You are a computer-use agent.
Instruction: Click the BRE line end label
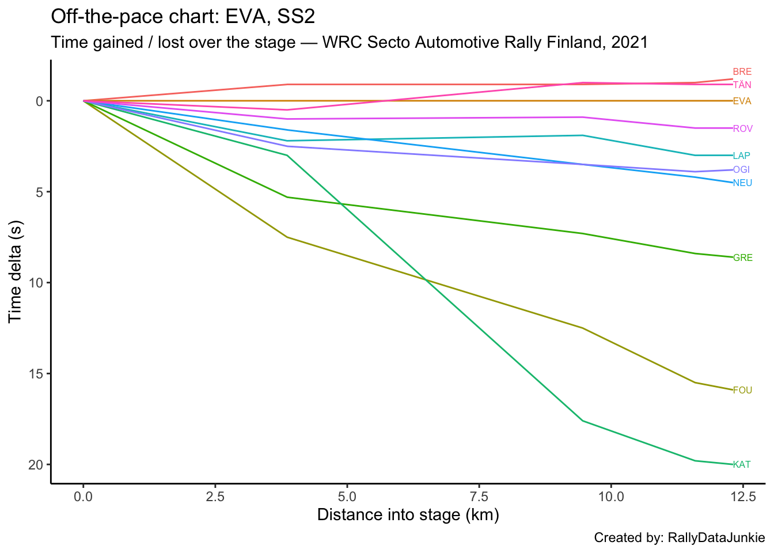point(742,72)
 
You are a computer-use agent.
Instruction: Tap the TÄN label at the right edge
point(742,85)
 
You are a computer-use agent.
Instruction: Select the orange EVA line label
point(742,101)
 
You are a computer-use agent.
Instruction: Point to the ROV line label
point(742,128)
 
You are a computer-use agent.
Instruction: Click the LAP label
point(742,156)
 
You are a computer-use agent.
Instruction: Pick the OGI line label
point(742,170)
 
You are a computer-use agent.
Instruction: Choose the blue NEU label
point(742,183)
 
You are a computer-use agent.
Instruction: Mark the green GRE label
point(742,258)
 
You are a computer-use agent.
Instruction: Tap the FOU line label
point(742,391)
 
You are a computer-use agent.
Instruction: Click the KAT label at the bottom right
point(742,465)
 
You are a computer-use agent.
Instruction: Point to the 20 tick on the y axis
point(36,465)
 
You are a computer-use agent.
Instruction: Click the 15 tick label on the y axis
point(36,374)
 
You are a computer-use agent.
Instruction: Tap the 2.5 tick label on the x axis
point(215,496)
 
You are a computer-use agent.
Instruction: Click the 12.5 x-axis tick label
point(742,496)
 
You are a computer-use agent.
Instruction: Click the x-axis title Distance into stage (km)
point(408,514)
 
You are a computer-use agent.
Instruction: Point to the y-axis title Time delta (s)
point(16,271)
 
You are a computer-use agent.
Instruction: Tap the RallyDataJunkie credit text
point(716,538)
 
